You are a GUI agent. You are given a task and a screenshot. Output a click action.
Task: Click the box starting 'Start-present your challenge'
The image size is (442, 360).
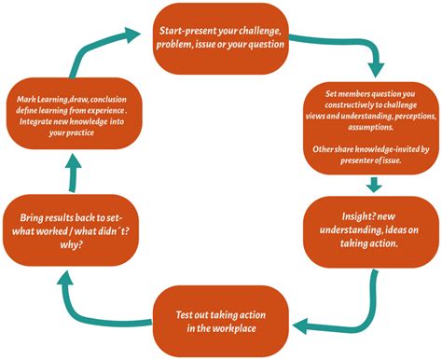point(221,39)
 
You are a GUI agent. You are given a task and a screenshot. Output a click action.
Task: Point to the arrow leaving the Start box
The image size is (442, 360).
point(364,56)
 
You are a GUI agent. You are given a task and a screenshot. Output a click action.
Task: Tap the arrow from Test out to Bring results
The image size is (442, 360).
point(93,298)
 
